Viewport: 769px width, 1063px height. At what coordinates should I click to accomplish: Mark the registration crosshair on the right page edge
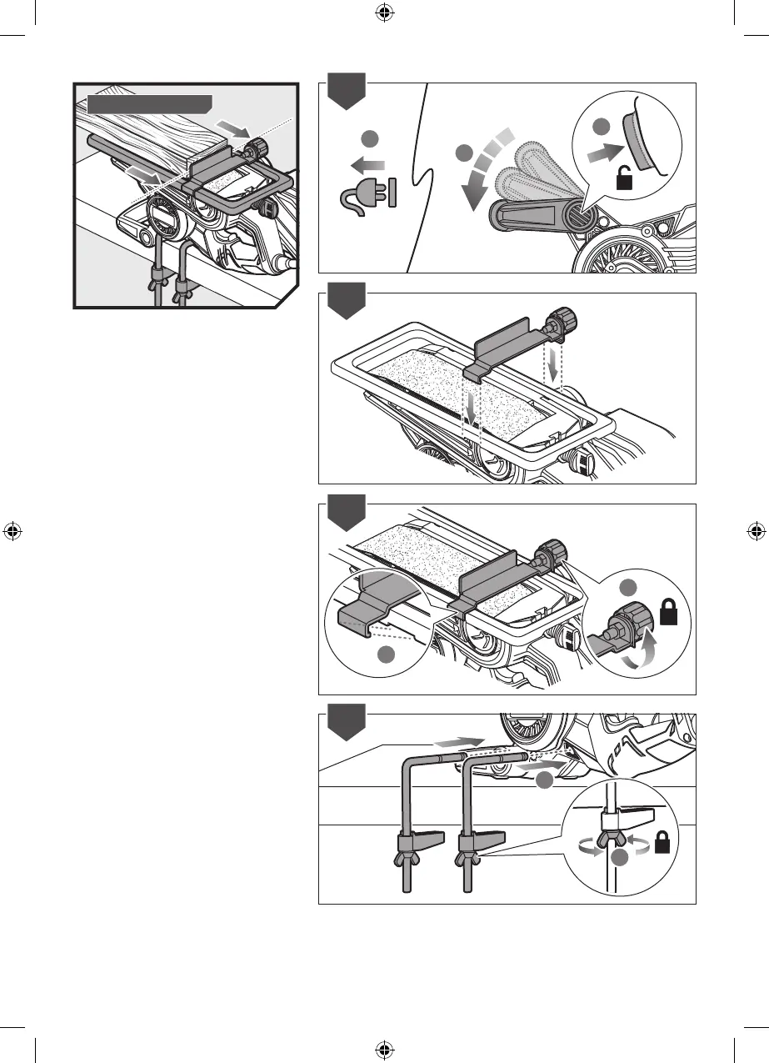[755, 530]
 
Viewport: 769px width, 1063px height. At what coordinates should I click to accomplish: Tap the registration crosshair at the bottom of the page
[384, 1048]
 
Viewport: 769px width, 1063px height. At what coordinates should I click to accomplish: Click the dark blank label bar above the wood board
[149, 104]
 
